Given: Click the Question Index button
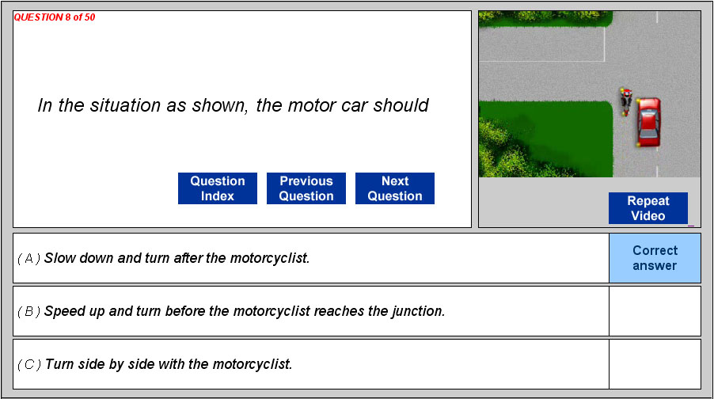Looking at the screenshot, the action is [x=218, y=188].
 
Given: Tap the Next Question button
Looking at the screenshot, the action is [x=395, y=188].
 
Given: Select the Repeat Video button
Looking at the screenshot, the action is [x=648, y=208].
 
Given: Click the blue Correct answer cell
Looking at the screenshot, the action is [x=655, y=258].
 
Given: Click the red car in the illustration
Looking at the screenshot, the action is [x=648, y=122].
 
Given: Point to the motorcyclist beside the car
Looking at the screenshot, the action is [x=626, y=101].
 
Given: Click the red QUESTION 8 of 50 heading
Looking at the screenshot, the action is [x=54, y=17].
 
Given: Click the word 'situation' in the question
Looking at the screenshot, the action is [x=125, y=105].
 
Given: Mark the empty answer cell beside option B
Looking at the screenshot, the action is [x=655, y=311].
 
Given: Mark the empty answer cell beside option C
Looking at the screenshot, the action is [x=655, y=364].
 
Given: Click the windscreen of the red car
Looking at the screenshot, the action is [x=648, y=114].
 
